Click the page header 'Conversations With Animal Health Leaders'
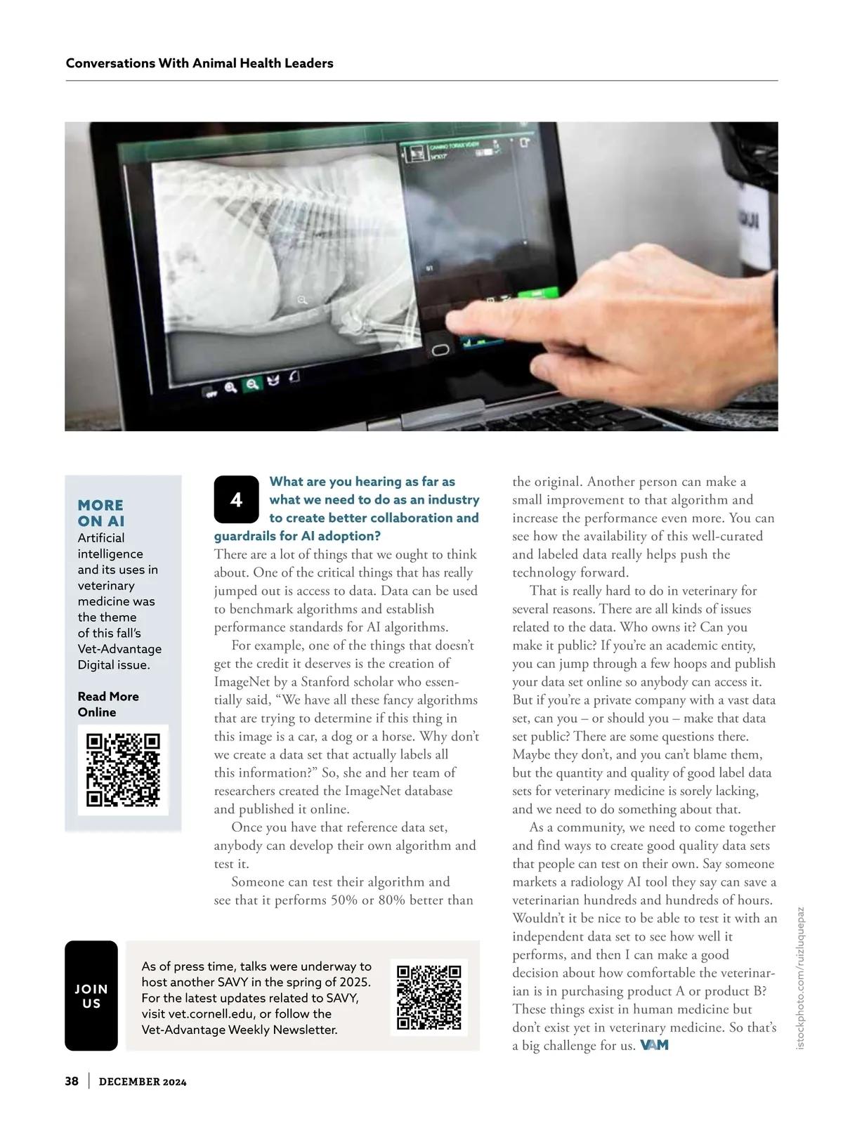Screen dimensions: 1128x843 200,63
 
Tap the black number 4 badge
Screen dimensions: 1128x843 236,499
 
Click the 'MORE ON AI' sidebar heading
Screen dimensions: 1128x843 101,513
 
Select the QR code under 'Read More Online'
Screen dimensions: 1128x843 123,770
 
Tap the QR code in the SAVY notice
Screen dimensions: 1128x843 429,997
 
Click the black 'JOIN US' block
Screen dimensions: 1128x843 91,996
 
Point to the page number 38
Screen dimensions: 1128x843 72,1081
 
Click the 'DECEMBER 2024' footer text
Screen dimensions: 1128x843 143,1082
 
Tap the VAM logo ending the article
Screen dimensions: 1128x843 654,1045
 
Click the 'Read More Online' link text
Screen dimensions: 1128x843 107,704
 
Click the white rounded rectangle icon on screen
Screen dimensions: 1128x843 440,350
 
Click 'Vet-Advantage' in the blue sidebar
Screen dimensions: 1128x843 119,649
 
